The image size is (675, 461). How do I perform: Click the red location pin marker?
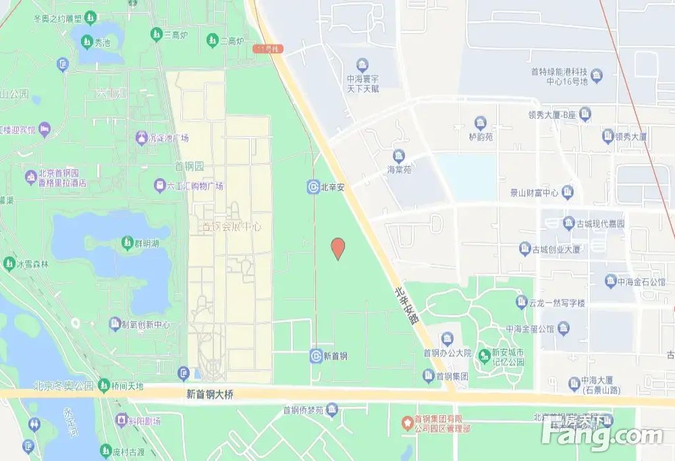click(338, 248)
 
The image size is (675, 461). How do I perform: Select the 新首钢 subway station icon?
click(315, 355)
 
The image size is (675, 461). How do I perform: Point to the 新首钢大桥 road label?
click(210, 395)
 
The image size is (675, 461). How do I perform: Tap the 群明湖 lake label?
click(144, 242)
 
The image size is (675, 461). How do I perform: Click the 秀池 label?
click(102, 41)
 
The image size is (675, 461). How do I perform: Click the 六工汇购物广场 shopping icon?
click(159, 185)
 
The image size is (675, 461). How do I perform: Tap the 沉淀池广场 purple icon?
click(141, 138)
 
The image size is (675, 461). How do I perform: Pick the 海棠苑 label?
click(399, 169)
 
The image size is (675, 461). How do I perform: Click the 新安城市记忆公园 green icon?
click(484, 354)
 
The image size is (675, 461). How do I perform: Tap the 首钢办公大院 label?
click(447, 352)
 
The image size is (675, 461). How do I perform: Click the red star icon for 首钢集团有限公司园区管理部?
click(406, 423)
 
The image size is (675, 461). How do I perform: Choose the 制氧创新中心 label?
click(140, 325)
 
